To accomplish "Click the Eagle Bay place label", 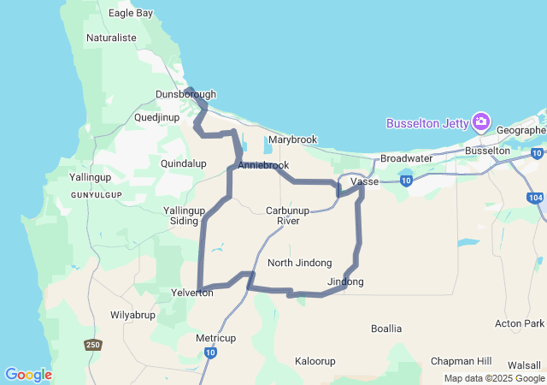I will (x=131, y=13).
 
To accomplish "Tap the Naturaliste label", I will (x=113, y=38).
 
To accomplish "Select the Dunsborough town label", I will (x=185, y=94).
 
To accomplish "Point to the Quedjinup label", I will (x=161, y=117).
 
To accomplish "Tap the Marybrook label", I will (x=292, y=139).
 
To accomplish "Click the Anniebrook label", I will (x=264, y=165).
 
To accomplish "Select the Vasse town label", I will (x=365, y=182).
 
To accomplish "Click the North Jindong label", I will (x=299, y=263).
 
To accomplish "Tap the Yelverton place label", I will (x=192, y=292).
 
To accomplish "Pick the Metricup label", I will (x=215, y=337).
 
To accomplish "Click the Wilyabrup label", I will (x=132, y=315).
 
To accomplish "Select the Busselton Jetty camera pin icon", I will (x=482, y=122).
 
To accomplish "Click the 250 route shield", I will (x=92, y=345).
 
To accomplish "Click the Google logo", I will (x=28, y=375).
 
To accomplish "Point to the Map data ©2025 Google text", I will (x=493, y=378).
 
